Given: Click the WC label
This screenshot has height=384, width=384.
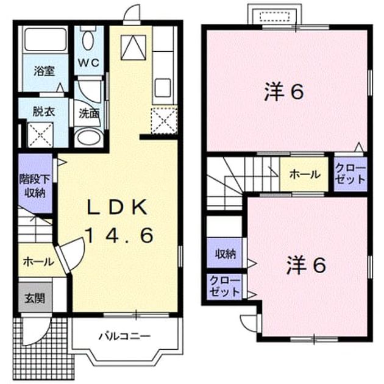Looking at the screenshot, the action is click(x=88, y=63).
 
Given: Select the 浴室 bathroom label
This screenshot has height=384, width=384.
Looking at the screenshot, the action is click(x=44, y=71).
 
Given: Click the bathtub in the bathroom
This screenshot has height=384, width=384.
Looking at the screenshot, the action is click(x=46, y=40).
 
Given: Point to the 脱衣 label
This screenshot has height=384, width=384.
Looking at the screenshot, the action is click(x=44, y=112).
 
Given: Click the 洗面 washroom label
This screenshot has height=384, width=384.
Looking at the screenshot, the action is click(x=88, y=114).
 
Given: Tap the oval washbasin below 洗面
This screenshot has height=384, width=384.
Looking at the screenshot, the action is click(x=88, y=138).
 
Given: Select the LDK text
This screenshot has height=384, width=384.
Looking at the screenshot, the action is click(x=118, y=208).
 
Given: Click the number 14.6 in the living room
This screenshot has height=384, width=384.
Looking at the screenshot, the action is click(x=119, y=235).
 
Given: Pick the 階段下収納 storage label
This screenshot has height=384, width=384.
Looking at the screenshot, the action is click(x=35, y=186).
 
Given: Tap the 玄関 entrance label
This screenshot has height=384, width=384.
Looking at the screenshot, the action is click(x=35, y=299).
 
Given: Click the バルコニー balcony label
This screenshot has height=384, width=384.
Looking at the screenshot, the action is click(x=124, y=336).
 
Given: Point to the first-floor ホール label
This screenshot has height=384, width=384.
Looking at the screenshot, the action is click(x=38, y=262).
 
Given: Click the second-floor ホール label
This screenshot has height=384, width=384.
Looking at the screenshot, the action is click(x=305, y=174).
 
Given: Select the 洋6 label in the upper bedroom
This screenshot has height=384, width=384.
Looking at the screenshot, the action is click(x=284, y=92).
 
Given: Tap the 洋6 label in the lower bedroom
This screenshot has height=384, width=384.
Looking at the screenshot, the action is click(x=307, y=265).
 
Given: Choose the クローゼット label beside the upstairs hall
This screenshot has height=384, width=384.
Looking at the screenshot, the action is click(x=350, y=174).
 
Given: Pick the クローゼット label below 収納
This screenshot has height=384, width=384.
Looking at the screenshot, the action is click(x=224, y=286).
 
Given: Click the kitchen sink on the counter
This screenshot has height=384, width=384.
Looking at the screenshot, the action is click(x=163, y=87).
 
